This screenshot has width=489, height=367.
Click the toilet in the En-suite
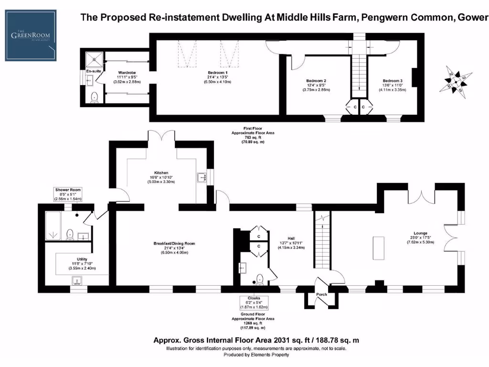(x=94, y=97)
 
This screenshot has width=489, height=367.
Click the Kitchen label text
(x=161, y=173)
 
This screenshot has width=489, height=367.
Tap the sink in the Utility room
(x=76, y=281)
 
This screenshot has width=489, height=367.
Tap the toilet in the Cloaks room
(x=259, y=279)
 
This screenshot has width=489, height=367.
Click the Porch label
(x=322, y=294)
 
